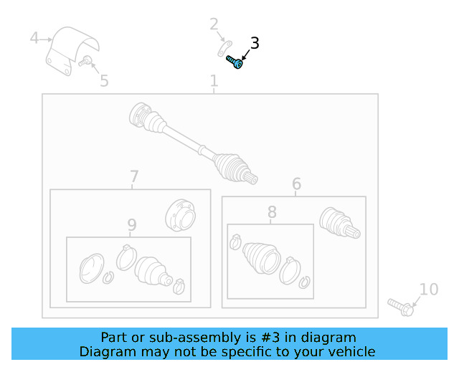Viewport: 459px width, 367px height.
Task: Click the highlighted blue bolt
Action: point(235,62)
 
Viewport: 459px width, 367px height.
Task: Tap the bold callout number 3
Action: point(255,43)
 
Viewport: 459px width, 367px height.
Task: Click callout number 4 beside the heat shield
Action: point(34,38)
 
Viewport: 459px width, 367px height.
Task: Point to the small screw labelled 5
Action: point(85,61)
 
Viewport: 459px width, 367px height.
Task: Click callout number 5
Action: point(104,81)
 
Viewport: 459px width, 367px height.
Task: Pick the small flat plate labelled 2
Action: point(224,49)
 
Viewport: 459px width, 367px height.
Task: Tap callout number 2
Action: point(214,24)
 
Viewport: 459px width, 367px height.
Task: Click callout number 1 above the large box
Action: point(214,80)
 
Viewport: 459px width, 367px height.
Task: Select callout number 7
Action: point(134,176)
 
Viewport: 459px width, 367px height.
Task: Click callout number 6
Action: point(296,183)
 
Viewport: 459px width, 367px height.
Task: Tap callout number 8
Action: point(272,212)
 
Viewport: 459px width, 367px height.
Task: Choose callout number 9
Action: point(132,225)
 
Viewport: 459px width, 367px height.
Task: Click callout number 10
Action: point(429,289)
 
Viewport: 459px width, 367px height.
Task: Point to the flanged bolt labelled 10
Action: point(401,307)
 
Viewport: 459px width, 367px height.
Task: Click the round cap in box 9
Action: point(92,268)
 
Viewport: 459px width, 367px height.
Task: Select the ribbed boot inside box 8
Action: point(261,258)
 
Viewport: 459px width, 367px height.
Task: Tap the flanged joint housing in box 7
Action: point(181,216)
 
